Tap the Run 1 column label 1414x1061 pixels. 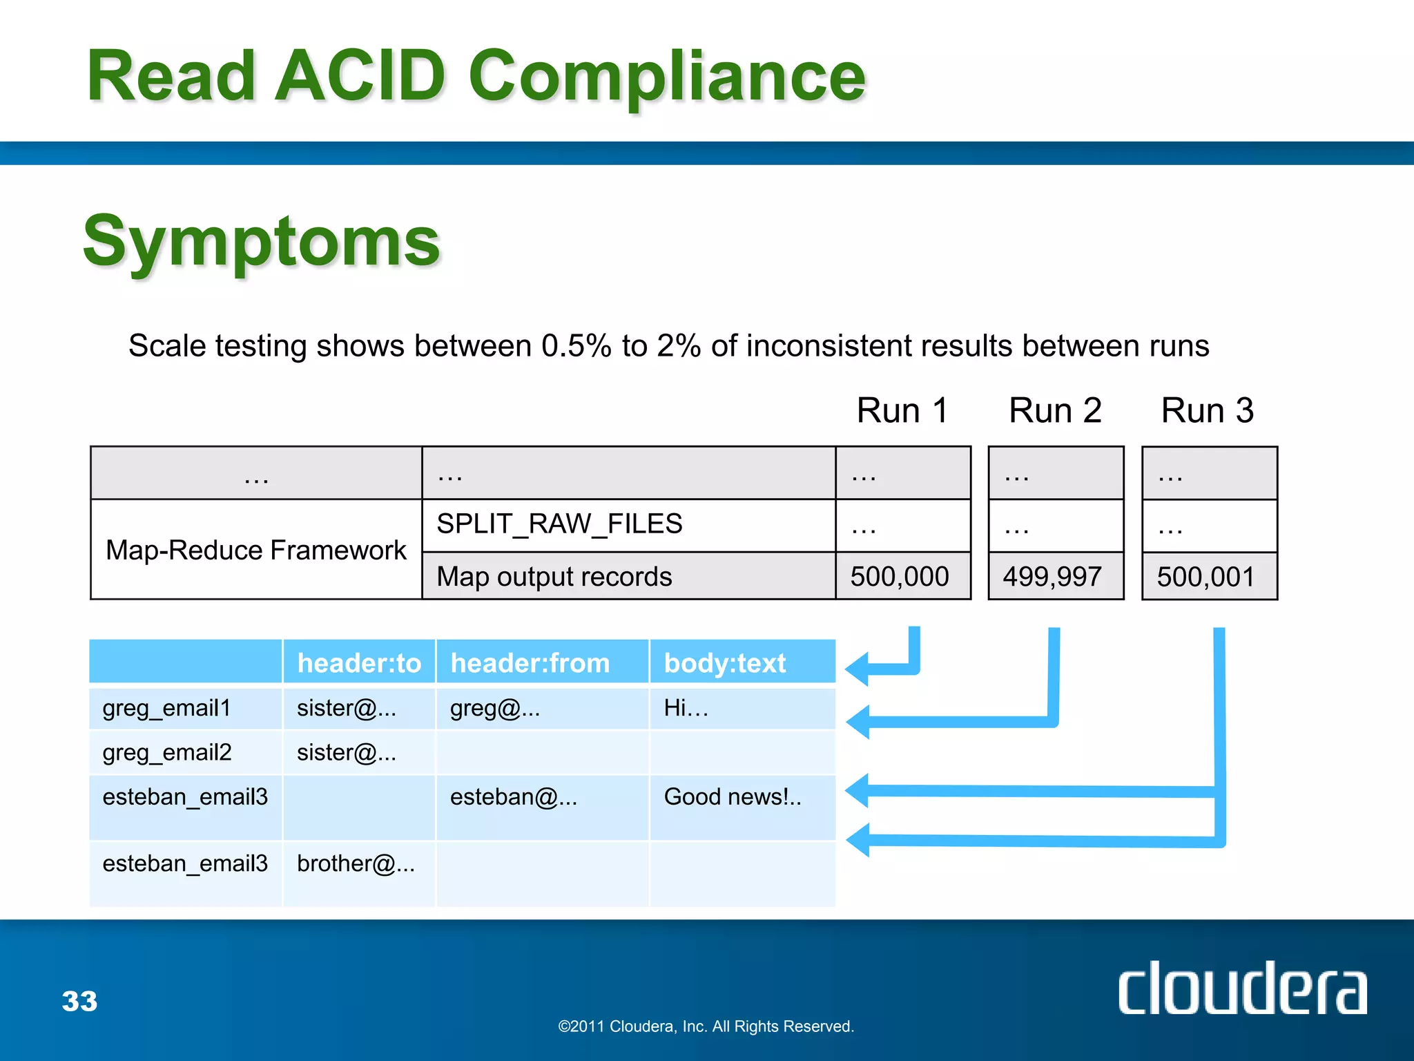pyautogui.click(x=902, y=410)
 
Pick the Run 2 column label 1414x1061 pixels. pyautogui.click(x=1054, y=410)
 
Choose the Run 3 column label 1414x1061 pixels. pyautogui.click(x=1207, y=410)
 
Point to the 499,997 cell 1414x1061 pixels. pyautogui.click(x=1052, y=576)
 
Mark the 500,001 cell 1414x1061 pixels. pyautogui.click(x=1205, y=577)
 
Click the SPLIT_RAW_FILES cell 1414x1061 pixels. pyautogui.click(x=559, y=524)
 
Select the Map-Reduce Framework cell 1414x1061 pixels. pyautogui.click(x=255, y=550)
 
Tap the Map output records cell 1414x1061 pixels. pyautogui.click(x=554, y=577)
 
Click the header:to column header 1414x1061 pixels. pyautogui.click(x=359, y=663)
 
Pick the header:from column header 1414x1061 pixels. pyautogui.click(x=530, y=663)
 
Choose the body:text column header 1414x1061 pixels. pyautogui.click(x=725, y=663)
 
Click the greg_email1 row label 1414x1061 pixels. pyautogui.click(x=166, y=708)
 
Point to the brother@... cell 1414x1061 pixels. pyautogui.click(x=356, y=863)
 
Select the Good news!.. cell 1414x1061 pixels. pyautogui.click(x=733, y=797)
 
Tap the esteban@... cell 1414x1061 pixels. pyautogui.click(x=514, y=797)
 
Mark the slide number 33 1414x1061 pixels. pyautogui.click(x=80, y=1001)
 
